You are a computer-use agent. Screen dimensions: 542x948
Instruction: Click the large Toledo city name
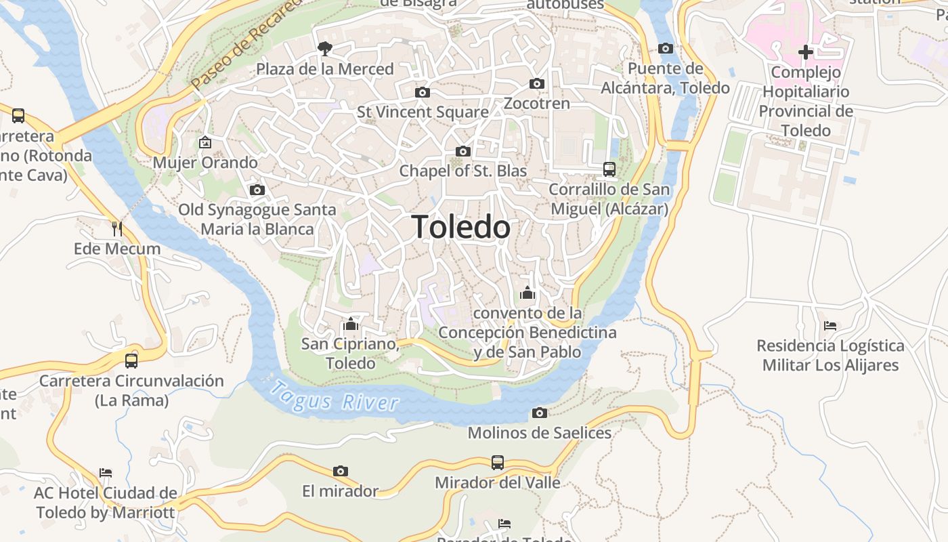click(461, 227)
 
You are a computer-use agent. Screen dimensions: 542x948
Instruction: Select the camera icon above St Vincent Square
click(422, 92)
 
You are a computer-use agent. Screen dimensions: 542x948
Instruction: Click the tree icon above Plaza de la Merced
click(325, 48)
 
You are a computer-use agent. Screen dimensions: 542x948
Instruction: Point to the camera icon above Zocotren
click(537, 83)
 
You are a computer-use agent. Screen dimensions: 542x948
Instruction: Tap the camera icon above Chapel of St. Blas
click(463, 151)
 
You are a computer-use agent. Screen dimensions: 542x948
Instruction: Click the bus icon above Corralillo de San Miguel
click(609, 169)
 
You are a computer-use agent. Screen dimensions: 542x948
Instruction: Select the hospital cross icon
click(805, 51)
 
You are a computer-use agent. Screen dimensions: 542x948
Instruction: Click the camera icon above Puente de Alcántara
click(666, 48)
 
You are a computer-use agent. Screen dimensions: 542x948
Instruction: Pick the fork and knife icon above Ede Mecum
click(117, 228)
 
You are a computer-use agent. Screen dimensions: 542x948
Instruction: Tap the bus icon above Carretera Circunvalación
click(131, 360)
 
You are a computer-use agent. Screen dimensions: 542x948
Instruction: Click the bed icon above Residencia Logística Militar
click(830, 326)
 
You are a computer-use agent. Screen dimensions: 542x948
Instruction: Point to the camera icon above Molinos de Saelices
click(540, 413)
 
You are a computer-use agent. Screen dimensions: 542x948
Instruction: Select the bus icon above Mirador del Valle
click(498, 463)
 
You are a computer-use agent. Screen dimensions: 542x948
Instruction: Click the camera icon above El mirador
click(341, 471)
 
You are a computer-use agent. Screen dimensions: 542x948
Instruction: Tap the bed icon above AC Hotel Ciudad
click(105, 472)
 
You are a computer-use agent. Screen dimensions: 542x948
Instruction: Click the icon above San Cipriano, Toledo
click(350, 324)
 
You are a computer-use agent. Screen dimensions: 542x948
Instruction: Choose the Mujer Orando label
click(205, 163)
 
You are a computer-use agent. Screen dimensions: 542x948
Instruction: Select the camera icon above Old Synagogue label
click(257, 190)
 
